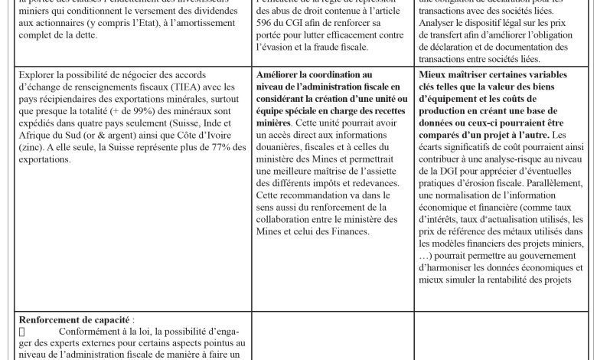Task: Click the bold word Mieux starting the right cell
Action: pos(436,74)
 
